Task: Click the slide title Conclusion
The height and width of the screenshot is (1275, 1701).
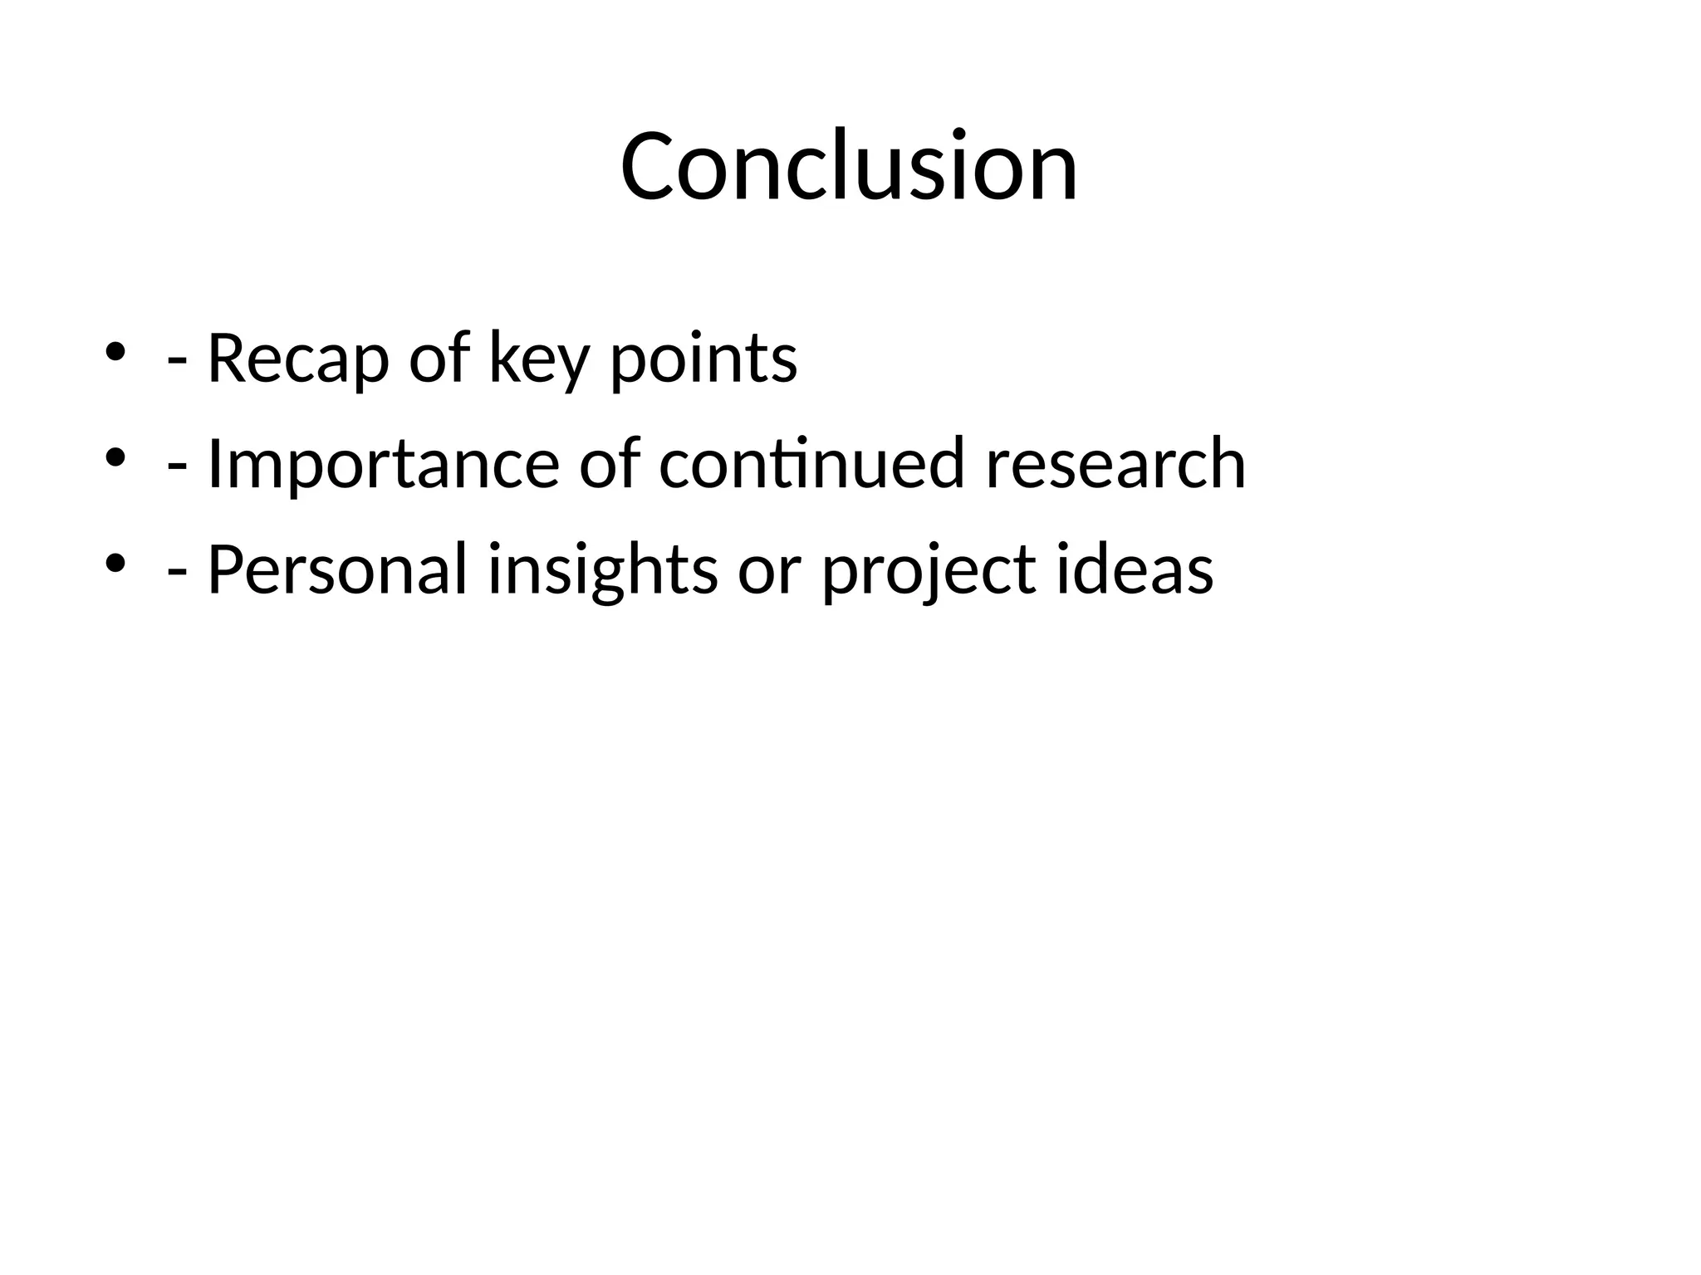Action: [849, 166]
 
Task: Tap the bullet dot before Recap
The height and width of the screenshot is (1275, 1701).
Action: [115, 350]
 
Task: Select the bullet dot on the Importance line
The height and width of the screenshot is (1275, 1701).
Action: [115, 457]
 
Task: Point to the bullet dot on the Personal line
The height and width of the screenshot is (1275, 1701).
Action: [115, 563]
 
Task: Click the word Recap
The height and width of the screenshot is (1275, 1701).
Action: [297, 359]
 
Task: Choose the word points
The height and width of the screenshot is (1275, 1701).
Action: [703, 359]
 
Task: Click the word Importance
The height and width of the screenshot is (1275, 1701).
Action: [383, 465]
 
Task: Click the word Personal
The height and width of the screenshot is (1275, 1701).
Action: [337, 569]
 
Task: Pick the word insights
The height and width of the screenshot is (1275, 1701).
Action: [602, 571]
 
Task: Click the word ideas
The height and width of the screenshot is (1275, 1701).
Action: [1135, 569]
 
